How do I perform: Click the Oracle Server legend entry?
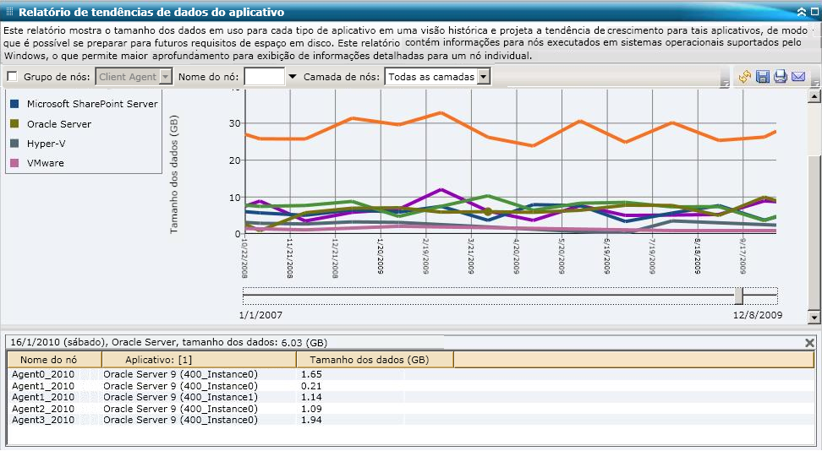pyautogui.click(x=58, y=124)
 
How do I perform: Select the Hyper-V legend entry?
pyautogui.click(x=46, y=144)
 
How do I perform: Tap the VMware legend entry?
pyautogui.click(x=45, y=163)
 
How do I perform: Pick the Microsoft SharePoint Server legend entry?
pyautogui.click(x=91, y=104)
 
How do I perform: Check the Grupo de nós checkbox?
pyautogui.click(x=12, y=77)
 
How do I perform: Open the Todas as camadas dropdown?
pyautogui.click(x=483, y=77)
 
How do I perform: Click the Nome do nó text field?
pyautogui.click(x=264, y=77)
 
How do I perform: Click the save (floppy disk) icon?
pyautogui.click(x=762, y=77)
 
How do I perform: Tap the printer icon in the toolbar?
pyautogui.click(x=780, y=77)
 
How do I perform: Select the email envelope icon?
pyautogui.click(x=797, y=77)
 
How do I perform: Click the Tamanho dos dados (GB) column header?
pyautogui.click(x=374, y=360)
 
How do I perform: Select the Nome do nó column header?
pyautogui.click(x=54, y=360)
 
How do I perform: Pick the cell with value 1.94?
pyautogui.click(x=311, y=420)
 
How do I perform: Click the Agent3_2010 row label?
pyautogui.click(x=43, y=420)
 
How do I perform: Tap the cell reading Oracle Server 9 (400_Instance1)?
pyautogui.click(x=180, y=397)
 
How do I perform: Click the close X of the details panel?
pyautogui.click(x=809, y=343)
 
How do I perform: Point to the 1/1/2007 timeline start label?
pyautogui.click(x=262, y=315)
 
